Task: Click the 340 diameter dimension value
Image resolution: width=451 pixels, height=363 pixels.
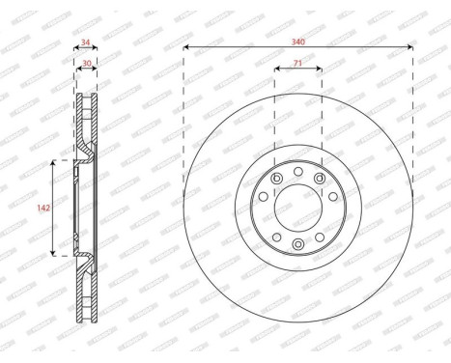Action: point(297,42)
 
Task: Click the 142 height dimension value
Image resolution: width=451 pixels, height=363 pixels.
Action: point(42,207)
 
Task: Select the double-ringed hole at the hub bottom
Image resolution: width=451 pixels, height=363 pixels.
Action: point(298,242)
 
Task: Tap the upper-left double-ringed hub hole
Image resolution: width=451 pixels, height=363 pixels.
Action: point(277,178)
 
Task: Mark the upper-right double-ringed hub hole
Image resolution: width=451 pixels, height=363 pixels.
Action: point(320,178)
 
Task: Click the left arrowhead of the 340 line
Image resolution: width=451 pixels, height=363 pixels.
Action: point(184,49)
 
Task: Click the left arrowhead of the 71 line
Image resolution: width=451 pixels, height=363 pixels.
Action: point(276,70)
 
